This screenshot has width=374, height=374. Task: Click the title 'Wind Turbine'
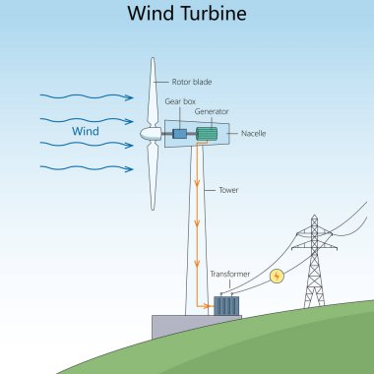[x=187, y=15]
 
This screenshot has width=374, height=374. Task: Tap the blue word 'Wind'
[x=86, y=130]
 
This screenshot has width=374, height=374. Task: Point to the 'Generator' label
[x=211, y=111]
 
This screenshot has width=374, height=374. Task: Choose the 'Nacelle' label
[x=254, y=132]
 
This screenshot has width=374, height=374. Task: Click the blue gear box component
[x=180, y=134]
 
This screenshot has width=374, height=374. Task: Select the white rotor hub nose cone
[x=148, y=133]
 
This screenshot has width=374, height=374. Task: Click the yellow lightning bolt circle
[x=278, y=277]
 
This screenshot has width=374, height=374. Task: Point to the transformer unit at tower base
[x=227, y=305]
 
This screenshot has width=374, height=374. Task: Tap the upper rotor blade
[x=153, y=93]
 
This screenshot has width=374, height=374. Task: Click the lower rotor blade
[x=153, y=177]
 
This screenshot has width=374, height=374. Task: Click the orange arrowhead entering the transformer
[x=210, y=305]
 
